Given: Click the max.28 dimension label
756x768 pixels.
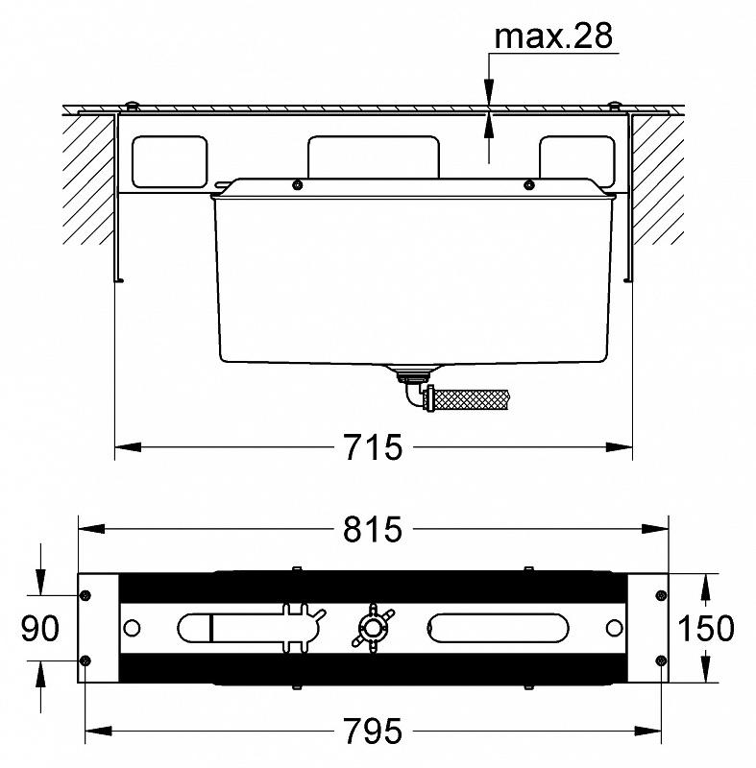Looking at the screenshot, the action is point(553,36).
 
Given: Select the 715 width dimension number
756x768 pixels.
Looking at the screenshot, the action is point(373,447).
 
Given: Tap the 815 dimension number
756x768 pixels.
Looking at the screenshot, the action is point(373,529).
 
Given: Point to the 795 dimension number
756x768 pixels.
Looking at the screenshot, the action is point(373,732).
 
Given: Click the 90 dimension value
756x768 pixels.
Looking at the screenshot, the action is point(40,629).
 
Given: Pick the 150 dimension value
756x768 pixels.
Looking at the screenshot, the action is point(706,629).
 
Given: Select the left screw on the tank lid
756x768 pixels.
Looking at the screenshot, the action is point(297,184).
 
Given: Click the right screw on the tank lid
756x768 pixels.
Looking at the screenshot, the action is point(528,184).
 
